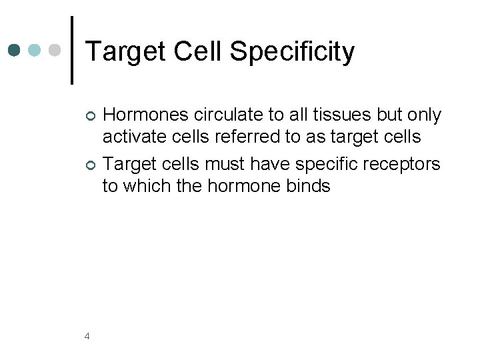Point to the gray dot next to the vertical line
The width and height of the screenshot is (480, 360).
[56, 50]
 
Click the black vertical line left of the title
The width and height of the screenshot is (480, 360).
[72, 50]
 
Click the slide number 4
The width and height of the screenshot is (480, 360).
[87, 335]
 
